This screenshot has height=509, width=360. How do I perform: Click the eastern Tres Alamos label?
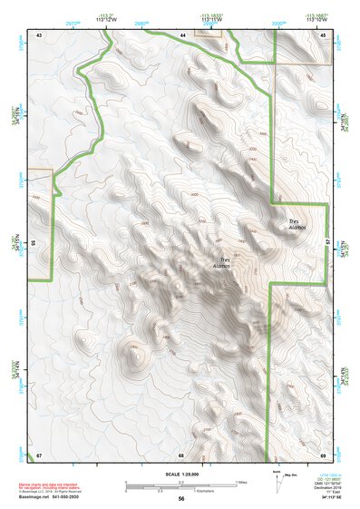pyautogui.click(x=297, y=224)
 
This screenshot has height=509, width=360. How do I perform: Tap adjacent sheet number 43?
pyautogui.click(x=39, y=34)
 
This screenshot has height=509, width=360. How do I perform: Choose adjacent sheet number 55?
pyautogui.click(x=33, y=243)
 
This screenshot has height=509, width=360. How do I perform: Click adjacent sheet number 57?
pyautogui.click(x=328, y=243)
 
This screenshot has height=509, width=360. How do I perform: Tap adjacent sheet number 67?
pyautogui.click(x=39, y=455)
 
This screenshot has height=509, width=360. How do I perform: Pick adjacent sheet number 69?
pyautogui.click(x=323, y=455)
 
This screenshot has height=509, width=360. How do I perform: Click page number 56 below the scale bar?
pyautogui.click(x=180, y=499)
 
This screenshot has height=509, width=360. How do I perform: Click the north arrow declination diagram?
pyautogui.click(x=279, y=481)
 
